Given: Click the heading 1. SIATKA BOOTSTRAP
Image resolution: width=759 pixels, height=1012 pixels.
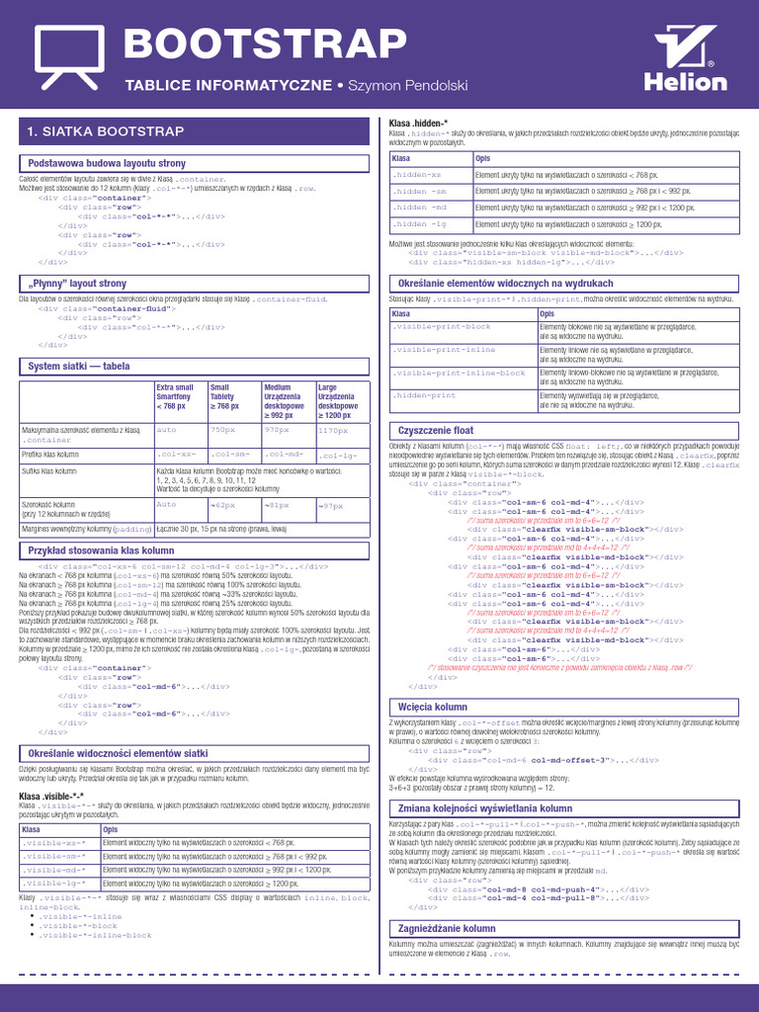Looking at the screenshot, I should tap(106, 131).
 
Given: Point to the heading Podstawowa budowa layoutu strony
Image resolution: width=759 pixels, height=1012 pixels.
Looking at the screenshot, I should tap(107, 163).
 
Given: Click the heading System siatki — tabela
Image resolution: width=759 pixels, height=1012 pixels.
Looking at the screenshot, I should tap(79, 366).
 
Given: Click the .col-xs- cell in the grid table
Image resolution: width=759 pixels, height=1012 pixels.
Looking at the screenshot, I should tap(177, 455).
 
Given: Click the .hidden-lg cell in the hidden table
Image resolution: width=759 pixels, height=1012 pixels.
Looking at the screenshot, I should tap(420, 224).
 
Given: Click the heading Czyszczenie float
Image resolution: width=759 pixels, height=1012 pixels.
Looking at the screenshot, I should tap(435, 431).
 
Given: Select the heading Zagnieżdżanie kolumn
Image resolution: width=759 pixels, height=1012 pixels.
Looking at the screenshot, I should tap(446, 929).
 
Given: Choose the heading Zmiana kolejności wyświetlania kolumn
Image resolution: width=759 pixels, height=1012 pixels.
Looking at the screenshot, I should tap(485, 808).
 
